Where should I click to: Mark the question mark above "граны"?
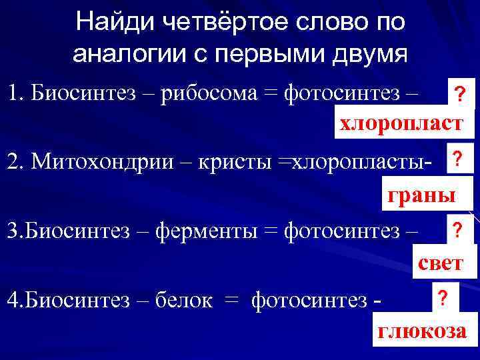(x=457, y=159)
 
